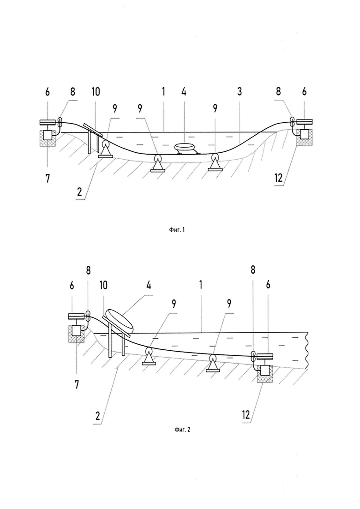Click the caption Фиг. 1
[x=177, y=230]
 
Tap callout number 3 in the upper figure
[x=239, y=92]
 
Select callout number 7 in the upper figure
[x=48, y=178]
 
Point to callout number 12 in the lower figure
[x=246, y=414]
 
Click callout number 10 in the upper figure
[x=96, y=92]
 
